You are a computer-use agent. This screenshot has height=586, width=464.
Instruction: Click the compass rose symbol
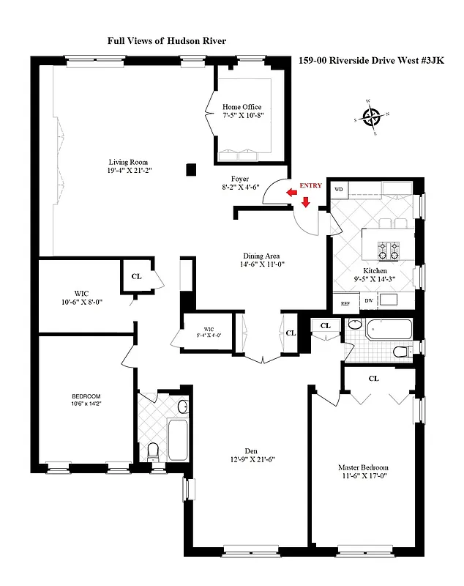point(372,117)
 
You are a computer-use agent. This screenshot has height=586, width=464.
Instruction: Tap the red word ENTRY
point(310,186)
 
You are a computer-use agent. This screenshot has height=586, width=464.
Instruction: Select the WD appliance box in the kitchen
point(339,189)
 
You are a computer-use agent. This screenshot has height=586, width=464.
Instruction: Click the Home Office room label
point(242,107)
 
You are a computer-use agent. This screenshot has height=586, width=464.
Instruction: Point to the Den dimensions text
point(250,459)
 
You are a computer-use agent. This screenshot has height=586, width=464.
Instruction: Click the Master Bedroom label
point(362,467)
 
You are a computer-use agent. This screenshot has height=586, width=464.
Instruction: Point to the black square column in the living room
point(191,170)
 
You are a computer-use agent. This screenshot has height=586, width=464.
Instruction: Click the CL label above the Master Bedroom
point(373,379)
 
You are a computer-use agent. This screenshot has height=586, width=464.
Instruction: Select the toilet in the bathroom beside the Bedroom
point(153,449)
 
